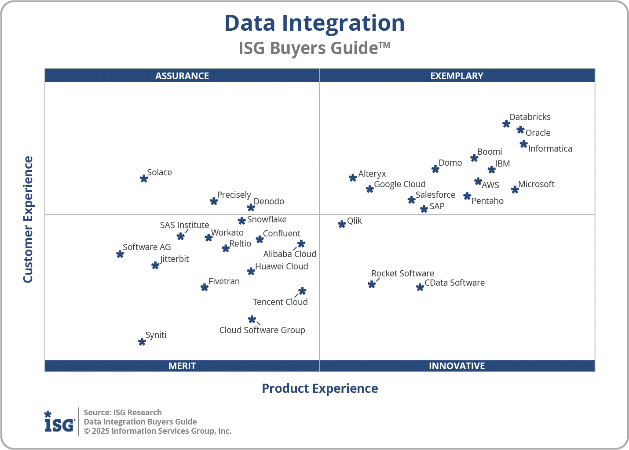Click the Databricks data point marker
(x=506, y=124)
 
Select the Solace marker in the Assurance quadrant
(x=144, y=178)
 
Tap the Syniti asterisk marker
(x=142, y=341)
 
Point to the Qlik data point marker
(x=342, y=224)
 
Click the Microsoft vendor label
(x=536, y=184)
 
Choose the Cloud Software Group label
(x=262, y=330)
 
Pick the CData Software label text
(x=454, y=283)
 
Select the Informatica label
(x=550, y=149)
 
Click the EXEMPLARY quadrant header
(x=457, y=76)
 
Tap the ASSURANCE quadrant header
(x=182, y=76)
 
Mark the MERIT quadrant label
(x=182, y=366)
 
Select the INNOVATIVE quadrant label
(x=457, y=366)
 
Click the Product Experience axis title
(x=320, y=388)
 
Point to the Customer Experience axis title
(x=28, y=220)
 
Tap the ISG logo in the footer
(x=59, y=422)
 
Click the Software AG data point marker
(x=120, y=254)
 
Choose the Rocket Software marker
(x=372, y=284)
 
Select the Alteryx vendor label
(x=372, y=174)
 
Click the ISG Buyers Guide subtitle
(x=314, y=48)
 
